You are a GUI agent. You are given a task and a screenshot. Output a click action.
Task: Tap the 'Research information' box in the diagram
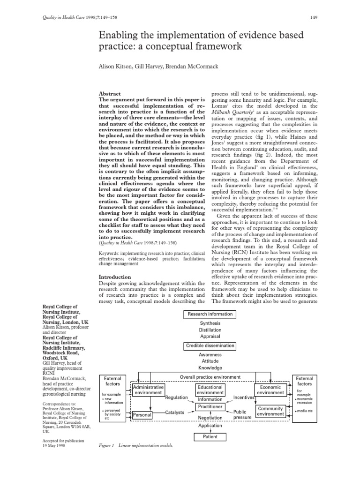coord(210,314)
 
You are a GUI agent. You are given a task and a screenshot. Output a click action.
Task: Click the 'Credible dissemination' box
coord(210,346)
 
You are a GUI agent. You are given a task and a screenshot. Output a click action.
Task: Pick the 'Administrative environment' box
coord(149,390)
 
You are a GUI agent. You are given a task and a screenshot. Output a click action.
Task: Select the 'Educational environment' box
coord(210,390)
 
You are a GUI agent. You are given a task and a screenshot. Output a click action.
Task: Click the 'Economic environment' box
coord(270,390)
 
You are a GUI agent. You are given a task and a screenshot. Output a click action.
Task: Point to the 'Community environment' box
coord(270,411)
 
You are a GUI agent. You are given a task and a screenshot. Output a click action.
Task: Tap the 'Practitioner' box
coord(210,406)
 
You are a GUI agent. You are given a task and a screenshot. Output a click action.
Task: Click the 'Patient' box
coord(210,436)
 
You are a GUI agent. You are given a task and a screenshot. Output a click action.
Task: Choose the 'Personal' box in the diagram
coord(142,415)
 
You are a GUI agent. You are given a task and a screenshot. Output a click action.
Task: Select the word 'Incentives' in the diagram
coord(243,397)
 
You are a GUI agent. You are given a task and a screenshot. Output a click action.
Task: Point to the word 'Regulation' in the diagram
coord(176,397)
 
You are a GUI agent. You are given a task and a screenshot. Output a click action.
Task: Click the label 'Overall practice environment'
coord(210,377)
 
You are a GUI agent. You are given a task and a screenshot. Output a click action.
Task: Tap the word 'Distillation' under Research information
coord(210,330)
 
